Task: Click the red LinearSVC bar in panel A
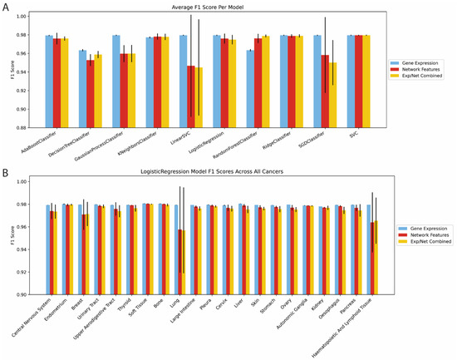192,96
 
